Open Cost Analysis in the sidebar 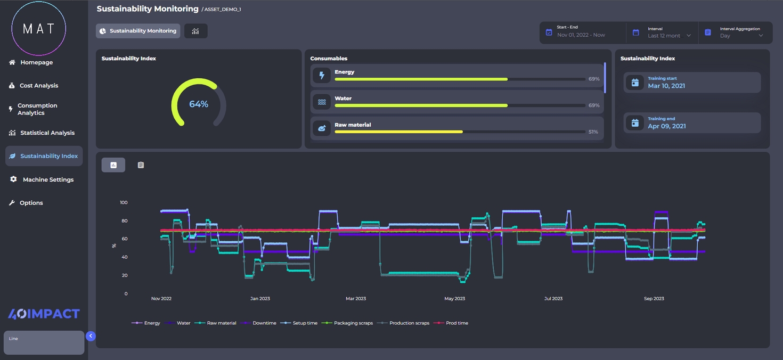(x=38, y=86)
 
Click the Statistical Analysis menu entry (x=47, y=133)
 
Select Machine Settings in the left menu (x=48, y=179)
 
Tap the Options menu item (x=31, y=203)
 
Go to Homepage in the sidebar (x=36, y=62)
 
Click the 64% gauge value (x=199, y=104)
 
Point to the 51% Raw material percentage (x=593, y=132)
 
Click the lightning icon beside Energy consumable (x=322, y=76)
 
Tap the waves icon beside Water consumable (x=322, y=102)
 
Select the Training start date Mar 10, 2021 (x=666, y=86)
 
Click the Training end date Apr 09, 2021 (x=666, y=126)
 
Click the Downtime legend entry (x=264, y=323)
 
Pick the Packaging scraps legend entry (x=353, y=323)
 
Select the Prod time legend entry (x=457, y=323)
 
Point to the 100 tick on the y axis (x=124, y=203)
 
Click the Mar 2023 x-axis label (x=356, y=299)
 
